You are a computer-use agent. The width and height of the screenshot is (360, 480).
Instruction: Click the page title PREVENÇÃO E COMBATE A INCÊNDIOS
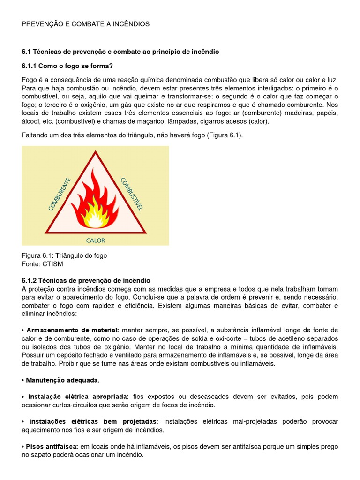click(86, 24)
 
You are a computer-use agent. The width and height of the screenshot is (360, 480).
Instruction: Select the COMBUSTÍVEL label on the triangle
click(132, 193)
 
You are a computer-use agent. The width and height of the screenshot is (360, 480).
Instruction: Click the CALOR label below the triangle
click(95, 240)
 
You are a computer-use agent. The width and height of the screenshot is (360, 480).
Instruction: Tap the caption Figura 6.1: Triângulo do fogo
click(64, 255)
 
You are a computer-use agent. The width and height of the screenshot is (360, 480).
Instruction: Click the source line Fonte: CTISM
click(42, 264)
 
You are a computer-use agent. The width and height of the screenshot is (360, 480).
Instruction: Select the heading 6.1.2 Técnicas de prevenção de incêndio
click(86, 280)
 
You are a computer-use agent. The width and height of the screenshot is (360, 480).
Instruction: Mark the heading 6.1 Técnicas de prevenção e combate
click(120, 52)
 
